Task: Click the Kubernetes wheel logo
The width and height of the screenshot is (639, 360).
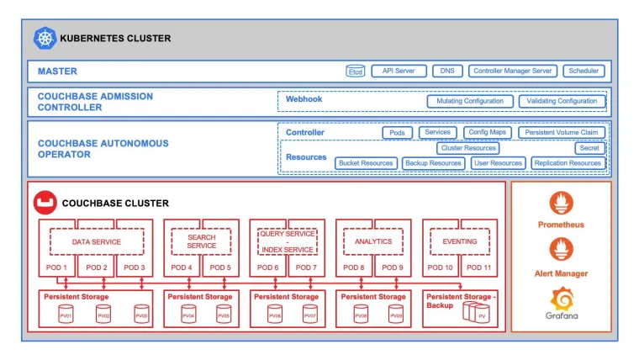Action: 45,38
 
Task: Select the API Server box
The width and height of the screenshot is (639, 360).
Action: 399,71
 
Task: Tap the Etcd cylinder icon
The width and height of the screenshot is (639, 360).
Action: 356,72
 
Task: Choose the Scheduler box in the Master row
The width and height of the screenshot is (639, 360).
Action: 584,71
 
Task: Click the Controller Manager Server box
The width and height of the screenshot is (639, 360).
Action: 512,71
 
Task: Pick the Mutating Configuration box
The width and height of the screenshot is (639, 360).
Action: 470,102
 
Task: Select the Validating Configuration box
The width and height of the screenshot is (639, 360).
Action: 562,102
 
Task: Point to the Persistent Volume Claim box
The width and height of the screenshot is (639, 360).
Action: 561,133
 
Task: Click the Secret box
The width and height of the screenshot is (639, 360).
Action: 589,148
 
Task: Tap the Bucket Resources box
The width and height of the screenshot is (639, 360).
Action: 366,163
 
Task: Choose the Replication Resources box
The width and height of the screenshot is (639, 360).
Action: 568,163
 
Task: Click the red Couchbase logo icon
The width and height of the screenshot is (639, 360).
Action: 45,204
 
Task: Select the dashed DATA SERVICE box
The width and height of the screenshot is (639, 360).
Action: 96,242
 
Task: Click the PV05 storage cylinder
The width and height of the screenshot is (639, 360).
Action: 223,315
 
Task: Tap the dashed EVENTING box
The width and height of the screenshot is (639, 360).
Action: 459,242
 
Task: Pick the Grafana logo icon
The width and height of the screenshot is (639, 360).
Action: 561,299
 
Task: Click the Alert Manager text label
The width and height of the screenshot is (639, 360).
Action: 561,273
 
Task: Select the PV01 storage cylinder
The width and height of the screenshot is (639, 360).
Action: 65,315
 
